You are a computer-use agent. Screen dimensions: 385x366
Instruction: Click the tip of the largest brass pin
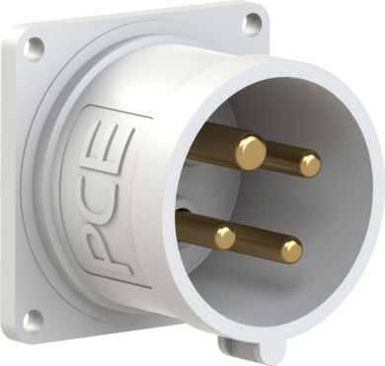(x=251, y=153)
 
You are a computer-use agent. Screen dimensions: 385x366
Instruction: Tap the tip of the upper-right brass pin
(x=310, y=166)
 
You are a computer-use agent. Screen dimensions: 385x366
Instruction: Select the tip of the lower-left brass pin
(x=225, y=237)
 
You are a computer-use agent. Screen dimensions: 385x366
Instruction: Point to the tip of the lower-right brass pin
(x=291, y=252)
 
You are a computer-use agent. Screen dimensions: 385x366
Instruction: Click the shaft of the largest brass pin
(x=214, y=142)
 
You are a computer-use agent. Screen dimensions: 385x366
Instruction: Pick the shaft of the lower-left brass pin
(x=196, y=228)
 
